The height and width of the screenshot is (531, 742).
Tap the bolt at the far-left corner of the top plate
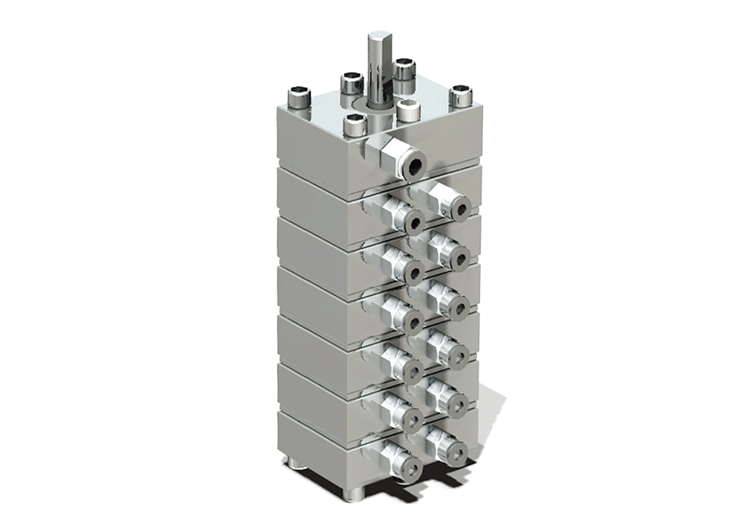coord(299,97)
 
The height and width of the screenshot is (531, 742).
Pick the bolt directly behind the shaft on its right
coord(404,73)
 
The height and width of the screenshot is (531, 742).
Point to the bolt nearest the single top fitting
coord(356,124)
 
